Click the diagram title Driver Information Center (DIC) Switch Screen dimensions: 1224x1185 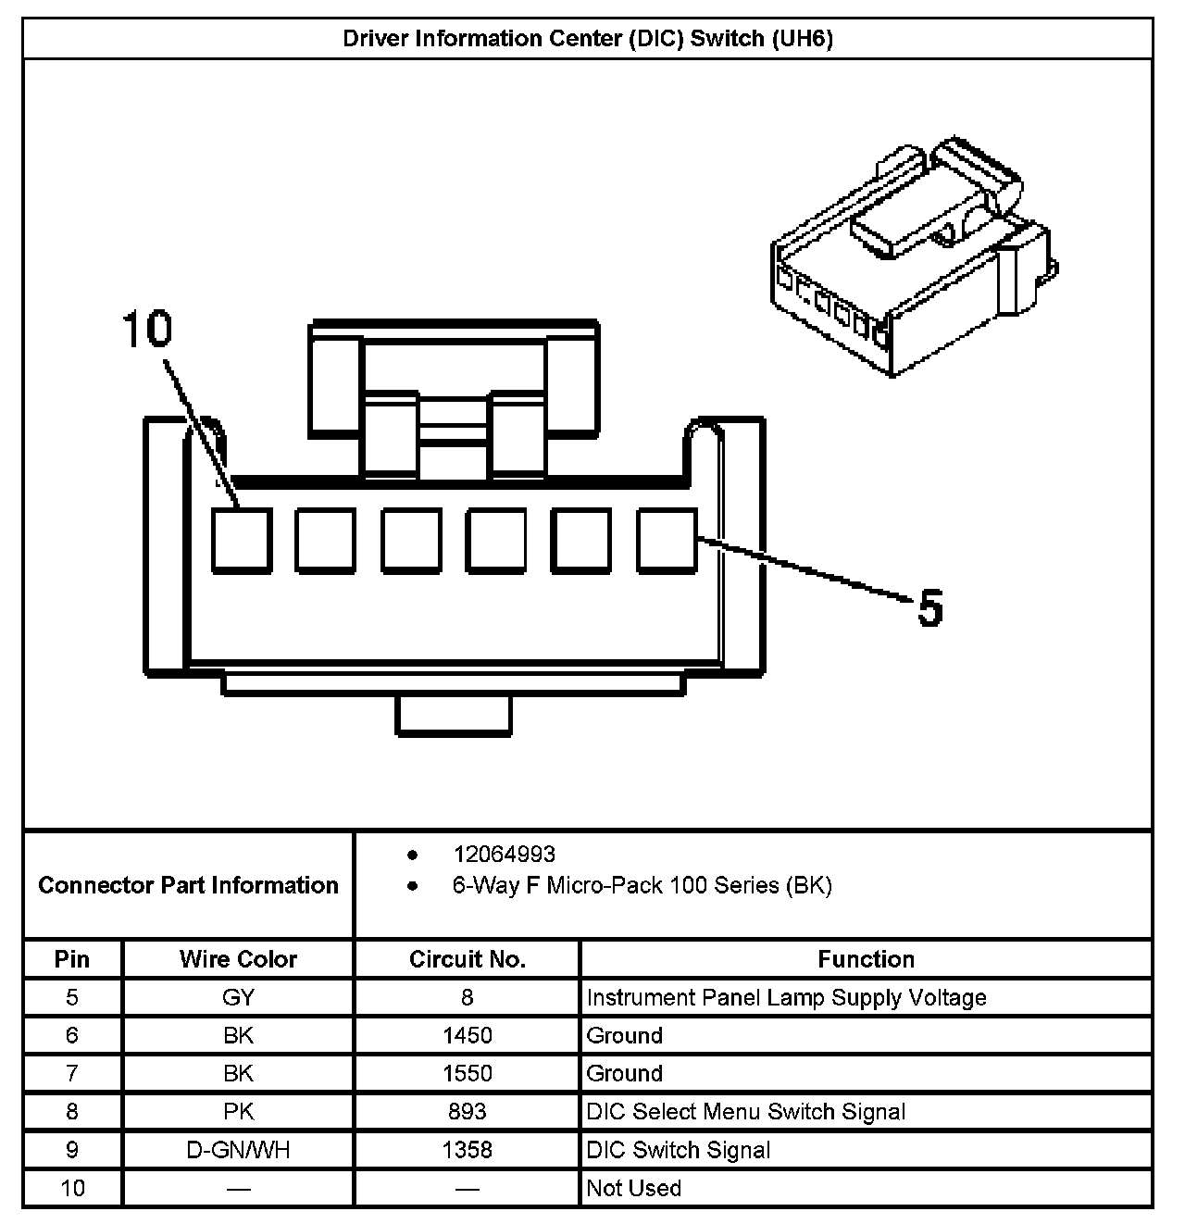(588, 39)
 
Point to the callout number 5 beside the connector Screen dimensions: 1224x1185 (929, 608)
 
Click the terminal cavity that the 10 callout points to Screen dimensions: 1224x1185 (242, 540)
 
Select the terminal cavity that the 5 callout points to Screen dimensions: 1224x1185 (667, 540)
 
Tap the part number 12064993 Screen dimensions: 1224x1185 (504, 854)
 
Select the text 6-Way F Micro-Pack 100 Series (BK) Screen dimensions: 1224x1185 (642, 885)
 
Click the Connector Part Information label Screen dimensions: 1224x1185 (188, 885)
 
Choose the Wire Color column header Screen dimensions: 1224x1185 (238, 959)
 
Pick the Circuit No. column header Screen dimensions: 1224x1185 (467, 959)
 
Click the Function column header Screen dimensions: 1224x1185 (866, 959)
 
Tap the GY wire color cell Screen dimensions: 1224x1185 (238, 997)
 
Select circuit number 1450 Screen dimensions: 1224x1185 (467, 1035)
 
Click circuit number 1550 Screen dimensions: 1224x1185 (467, 1073)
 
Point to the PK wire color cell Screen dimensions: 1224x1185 (238, 1111)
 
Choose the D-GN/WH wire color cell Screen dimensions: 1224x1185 (238, 1150)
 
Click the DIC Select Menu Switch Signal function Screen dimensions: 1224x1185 (745, 1111)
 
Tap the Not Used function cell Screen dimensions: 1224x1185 (634, 1188)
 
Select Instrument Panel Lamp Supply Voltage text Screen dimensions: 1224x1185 (786, 997)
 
